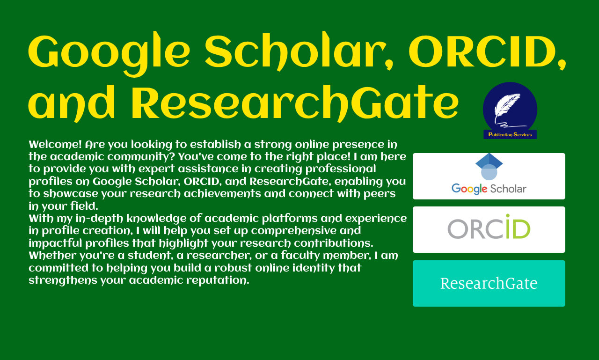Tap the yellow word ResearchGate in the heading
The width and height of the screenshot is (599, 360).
click(295, 103)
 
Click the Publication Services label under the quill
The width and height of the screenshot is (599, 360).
click(510, 134)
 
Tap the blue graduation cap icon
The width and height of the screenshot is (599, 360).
click(489, 166)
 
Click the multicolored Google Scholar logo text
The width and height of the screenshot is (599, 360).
click(489, 189)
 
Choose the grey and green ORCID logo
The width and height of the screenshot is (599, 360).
click(489, 227)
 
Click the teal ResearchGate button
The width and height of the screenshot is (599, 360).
click(489, 283)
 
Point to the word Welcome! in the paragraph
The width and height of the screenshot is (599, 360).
click(55, 145)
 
